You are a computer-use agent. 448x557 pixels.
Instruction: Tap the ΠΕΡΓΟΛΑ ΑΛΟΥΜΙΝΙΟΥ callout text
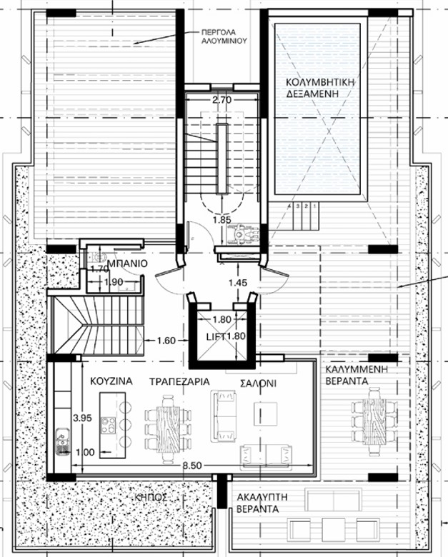(224, 36)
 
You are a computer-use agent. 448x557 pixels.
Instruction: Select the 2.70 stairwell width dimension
(222, 100)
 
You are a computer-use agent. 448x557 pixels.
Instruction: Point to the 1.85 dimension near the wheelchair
(222, 220)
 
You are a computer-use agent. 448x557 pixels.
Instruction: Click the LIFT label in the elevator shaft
(216, 336)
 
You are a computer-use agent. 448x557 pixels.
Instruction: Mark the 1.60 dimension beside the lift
(166, 341)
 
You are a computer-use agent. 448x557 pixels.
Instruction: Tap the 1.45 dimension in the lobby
(237, 283)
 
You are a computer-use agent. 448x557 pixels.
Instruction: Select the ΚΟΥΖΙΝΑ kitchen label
(111, 381)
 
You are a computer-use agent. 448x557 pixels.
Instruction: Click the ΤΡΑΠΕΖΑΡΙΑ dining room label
(179, 381)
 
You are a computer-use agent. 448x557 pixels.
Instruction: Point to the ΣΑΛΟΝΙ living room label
(258, 383)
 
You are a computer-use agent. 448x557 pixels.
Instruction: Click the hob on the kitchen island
(109, 425)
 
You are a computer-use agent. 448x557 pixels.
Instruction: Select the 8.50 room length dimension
(192, 466)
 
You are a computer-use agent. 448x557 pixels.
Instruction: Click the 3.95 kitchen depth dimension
(82, 418)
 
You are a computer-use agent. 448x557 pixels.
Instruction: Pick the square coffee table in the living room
(265, 414)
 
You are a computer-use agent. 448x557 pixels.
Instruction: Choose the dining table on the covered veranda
(374, 421)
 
